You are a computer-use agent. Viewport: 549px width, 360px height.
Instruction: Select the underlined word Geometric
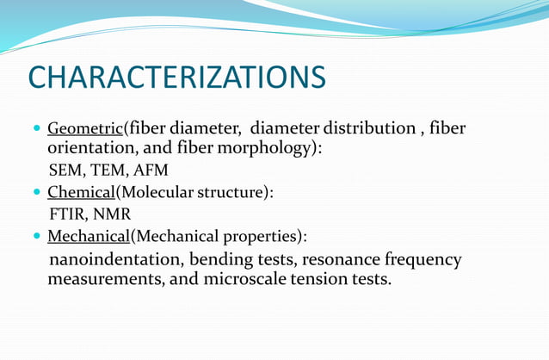click(85, 129)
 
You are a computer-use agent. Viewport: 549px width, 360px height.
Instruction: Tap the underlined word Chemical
click(81, 193)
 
